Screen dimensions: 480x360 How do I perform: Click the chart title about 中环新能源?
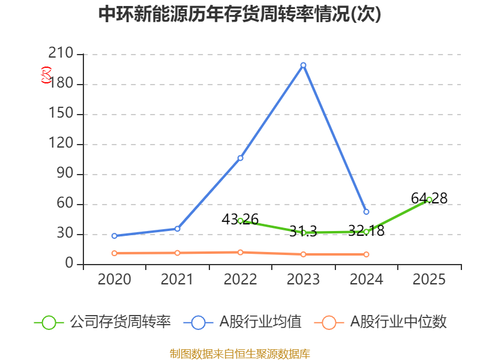239,14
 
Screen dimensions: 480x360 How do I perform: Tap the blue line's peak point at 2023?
304,65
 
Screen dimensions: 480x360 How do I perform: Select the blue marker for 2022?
241,158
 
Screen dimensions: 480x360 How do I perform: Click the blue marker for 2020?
115,236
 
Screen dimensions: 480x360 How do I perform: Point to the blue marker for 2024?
366,212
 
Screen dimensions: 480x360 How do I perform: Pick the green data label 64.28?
429,199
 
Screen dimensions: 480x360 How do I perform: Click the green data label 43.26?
241,219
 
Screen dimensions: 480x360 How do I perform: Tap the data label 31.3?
303,231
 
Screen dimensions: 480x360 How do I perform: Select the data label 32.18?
367,230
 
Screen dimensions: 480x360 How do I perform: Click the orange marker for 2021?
178,253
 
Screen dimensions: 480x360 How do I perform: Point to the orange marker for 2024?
366,254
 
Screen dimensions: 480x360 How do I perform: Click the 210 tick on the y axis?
61,53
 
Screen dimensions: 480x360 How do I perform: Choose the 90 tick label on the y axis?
65,173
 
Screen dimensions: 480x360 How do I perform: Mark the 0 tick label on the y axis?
69,263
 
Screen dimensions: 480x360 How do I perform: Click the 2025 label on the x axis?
429,280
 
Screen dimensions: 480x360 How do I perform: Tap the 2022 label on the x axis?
241,280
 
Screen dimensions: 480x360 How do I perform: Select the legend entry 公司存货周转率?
103,322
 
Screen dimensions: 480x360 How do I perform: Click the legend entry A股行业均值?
242,322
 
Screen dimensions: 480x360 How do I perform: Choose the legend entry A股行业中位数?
380,322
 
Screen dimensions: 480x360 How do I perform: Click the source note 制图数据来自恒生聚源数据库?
240,354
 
